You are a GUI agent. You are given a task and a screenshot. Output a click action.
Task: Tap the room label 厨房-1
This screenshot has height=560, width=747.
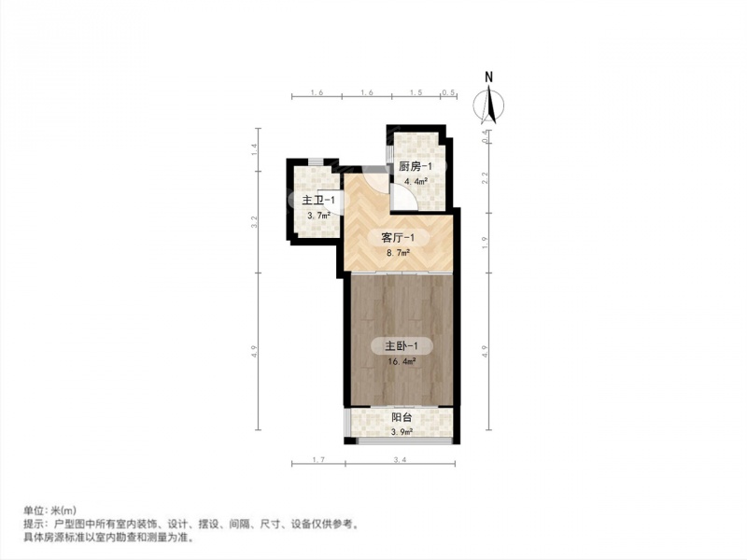(x=416, y=167)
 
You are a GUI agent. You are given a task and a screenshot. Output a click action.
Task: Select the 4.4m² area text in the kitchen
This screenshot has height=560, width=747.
(x=416, y=181)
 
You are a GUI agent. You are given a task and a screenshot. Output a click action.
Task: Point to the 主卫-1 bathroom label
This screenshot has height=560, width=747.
(x=318, y=201)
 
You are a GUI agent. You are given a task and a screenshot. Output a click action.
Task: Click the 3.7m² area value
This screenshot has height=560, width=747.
(x=318, y=216)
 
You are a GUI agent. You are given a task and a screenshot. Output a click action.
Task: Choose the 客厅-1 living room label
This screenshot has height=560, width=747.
(x=399, y=237)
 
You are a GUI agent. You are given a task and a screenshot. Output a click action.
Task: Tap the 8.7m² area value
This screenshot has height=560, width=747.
(x=399, y=252)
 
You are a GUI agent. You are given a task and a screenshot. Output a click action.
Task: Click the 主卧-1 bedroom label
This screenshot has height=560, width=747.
(x=402, y=345)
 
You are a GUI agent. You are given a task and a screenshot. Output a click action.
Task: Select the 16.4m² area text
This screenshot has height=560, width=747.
(x=402, y=361)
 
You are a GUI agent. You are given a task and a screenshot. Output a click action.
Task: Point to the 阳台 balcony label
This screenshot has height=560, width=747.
(x=402, y=417)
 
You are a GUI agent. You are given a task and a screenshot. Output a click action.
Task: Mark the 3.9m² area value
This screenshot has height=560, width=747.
(x=402, y=432)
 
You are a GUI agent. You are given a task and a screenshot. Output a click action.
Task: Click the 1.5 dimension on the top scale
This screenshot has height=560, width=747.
(x=416, y=92)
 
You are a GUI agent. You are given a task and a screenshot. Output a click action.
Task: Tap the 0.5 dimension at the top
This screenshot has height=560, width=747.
(x=448, y=92)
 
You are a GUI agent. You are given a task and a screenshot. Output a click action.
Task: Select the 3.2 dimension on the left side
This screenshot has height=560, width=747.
(x=254, y=222)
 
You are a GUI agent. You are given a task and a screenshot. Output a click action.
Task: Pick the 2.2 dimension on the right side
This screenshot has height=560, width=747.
(x=485, y=177)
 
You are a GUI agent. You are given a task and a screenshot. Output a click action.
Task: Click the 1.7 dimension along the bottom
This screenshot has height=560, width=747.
(x=318, y=459)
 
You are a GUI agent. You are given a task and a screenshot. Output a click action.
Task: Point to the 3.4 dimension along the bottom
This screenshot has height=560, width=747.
(x=401, y=459)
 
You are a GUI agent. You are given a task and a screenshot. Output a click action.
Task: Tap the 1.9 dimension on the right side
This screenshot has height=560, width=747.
(x=485, y=243)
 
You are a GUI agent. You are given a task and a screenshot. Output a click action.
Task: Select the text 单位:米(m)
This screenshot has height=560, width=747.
(x=50, y=511)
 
